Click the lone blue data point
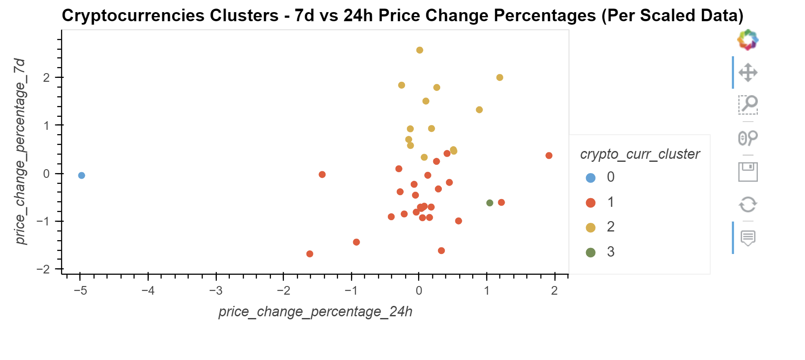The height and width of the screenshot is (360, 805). pos(81,175)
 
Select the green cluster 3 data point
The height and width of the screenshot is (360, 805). pos(489,203)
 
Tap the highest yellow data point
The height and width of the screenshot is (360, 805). pos(419,50)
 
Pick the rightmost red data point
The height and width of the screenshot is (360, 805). pos(549,155)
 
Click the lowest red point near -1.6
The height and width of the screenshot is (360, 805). pos(309,254)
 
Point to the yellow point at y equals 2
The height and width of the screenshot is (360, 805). pos(499,77)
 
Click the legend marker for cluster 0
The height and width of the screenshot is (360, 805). pos(590,177)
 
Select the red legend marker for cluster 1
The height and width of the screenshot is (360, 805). pos(590,202)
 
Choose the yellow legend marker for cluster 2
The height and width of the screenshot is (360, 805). pos(590,228)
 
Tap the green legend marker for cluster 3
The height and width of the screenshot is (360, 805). pos(590,252)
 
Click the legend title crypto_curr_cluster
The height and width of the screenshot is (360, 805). pos(640,154)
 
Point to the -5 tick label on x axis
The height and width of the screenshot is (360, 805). pos(80,290)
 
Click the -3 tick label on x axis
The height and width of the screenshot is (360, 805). pos(216,290)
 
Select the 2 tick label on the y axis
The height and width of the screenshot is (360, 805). pos(46,78)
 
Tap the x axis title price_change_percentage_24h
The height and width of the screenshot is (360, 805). pos(315,312)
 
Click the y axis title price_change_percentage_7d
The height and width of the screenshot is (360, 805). pos(20,151)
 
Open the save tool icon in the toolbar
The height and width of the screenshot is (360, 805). pos(747,172)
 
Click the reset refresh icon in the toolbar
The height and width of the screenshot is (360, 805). pos(747,204)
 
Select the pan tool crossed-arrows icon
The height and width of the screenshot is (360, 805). pos(747,72)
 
